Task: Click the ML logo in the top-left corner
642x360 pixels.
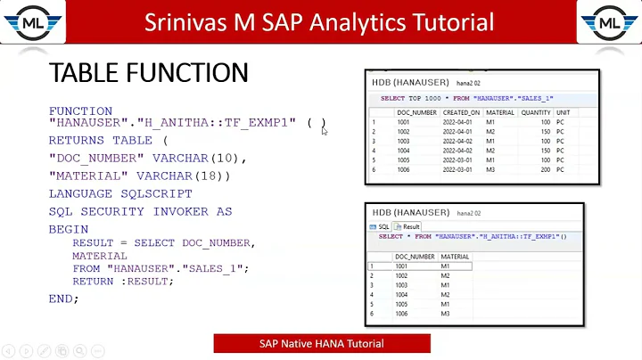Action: pyautogui.click(x=31, y=22)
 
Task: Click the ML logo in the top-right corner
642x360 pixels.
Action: pyautogui.click(x=609, y=22)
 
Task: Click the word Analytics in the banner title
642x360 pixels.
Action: pyautogui.click(x=374, y=21)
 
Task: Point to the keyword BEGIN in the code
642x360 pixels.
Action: pyautogui.click(x=69, y=228)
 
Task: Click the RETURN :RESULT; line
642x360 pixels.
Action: pyautogui.click(x=123, y=281)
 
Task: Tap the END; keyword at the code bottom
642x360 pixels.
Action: pyautogui.click(x=63, y=299)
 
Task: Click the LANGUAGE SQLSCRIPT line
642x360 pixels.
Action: pyautogui.click(x=119, y=193)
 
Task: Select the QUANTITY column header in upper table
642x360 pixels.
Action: pyautogui.click(x=536, y=112)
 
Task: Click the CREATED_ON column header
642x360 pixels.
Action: pyautogui.click(x=460, y=112)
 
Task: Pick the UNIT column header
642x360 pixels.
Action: pyautogui.click(x=563, y=112)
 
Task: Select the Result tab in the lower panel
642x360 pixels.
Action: pyautogui.click(x=408, y=227)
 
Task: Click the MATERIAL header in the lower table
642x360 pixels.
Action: pyautogui.click(x=455, y=256)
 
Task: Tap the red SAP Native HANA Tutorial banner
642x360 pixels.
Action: pyautogui.click(x=321, y=343)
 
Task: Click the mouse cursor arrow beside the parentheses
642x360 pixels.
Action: pyautogui.click(x=325, y=131)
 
